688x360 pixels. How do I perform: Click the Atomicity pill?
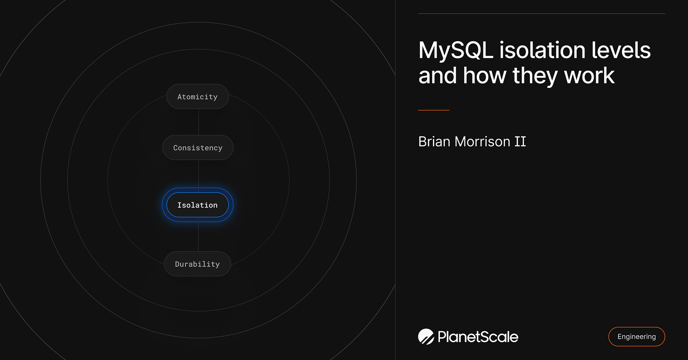tap(197, 97)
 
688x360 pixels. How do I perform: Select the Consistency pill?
tap(198, 148)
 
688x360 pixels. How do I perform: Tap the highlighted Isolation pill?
tap(197, 205)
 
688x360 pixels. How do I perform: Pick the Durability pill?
tap(197, 264)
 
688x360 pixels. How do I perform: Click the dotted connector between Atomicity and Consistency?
tap(199, 122)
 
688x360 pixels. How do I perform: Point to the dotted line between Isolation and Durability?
tap(198, 236)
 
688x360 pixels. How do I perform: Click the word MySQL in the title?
tap(456, 50)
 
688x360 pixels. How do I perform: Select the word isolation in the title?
tap(542, 50)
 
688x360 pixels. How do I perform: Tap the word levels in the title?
tap(621, 50)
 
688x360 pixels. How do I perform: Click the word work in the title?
tap(589, 76)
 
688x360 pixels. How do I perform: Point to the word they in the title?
tap(535, 76)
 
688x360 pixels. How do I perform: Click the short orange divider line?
tap(433, 110)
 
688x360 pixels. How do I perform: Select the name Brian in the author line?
tap(434, 142)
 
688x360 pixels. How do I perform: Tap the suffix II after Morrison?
tap(520, 142)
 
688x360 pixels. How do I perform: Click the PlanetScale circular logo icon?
tap(426, 337)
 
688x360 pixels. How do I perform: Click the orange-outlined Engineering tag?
tap(636, 337)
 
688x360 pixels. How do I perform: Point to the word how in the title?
tap(485, 76)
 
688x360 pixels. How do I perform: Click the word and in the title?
tap(438, 76)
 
